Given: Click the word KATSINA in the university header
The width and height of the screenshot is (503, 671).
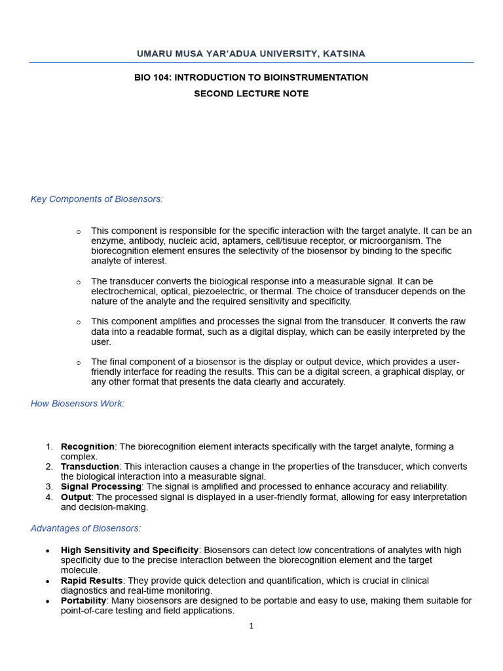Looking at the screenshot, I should point(344,54).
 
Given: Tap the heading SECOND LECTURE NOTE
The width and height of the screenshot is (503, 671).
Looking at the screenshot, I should point(251,94).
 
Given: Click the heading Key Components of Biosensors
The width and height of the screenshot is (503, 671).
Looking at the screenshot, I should point(96,199).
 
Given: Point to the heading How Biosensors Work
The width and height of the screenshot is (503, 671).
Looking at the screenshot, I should point(77,404).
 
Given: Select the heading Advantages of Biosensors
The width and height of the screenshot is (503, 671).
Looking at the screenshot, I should point(86,528).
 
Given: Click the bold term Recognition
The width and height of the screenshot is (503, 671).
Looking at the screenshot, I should point(88,447).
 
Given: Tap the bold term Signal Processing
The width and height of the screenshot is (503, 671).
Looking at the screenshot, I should point(101,487).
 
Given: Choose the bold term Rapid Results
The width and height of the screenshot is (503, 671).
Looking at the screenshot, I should point(92,581).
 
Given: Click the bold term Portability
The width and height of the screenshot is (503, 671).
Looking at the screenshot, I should point(83,601).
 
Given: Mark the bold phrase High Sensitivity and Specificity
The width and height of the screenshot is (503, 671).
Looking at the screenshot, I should point(130,550).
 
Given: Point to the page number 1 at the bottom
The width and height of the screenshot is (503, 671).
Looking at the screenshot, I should point(251,626).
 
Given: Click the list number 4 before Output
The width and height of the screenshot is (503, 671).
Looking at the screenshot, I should point(49,497).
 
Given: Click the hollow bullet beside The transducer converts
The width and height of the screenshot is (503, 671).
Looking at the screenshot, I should point(79,282).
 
